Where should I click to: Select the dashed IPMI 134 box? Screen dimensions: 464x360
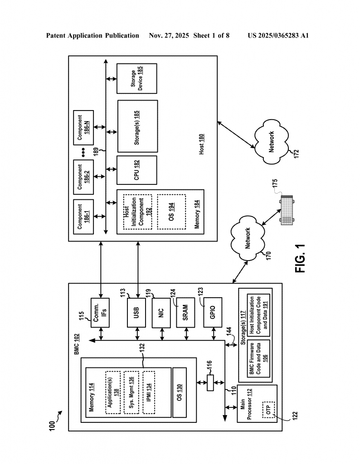[149, 392]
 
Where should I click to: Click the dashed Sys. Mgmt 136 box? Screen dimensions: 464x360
[131, 392]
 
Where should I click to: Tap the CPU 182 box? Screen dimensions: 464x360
[136, 170]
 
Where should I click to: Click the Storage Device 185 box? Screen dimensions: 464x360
[136, 78]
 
